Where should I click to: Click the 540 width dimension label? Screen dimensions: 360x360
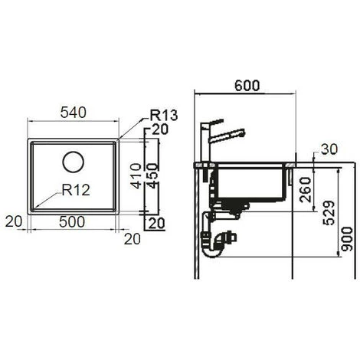click(73, 113)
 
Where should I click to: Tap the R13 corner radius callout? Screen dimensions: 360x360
click(164, 116)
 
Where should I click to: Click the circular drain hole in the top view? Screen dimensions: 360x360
click(74, 162)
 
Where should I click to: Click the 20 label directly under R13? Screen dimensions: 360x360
click(159, 129)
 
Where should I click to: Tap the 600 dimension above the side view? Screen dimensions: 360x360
click(245, 86)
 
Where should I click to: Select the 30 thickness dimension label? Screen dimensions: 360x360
click(329, 149)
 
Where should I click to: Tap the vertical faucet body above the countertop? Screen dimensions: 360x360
click(206, 146)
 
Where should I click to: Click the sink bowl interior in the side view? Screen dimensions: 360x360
click(249, 184)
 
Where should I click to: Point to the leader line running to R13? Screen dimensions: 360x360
click(134, 127)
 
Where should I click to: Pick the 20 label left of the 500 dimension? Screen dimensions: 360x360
click(11, 221)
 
